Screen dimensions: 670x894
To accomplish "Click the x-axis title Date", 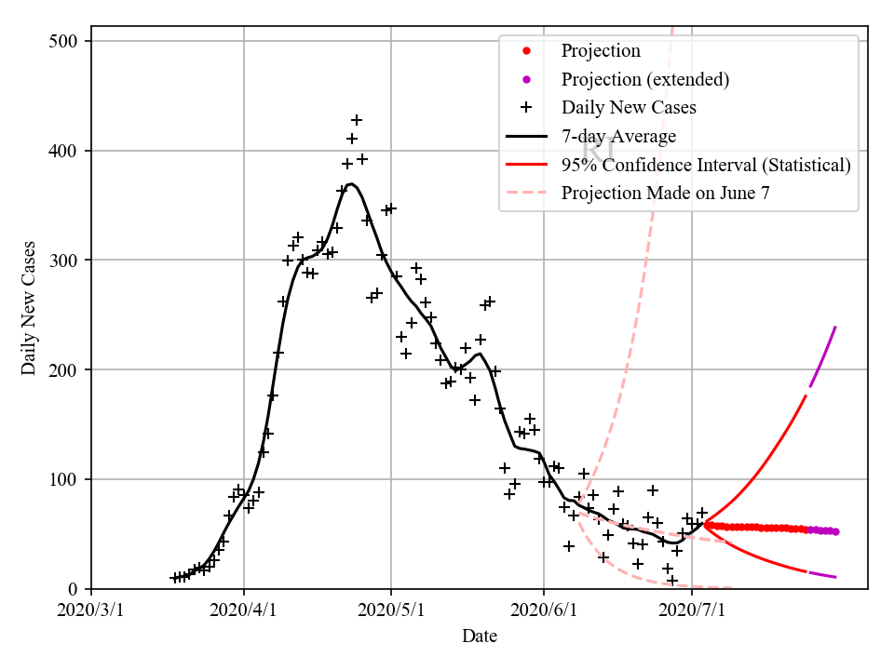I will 480,636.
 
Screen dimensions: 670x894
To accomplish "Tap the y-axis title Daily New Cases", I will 29,308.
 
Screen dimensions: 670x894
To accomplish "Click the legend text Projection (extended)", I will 644,79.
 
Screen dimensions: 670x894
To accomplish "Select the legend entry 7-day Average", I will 618,136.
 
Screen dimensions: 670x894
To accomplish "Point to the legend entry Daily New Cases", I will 629,107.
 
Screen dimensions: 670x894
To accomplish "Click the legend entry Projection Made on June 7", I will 665,194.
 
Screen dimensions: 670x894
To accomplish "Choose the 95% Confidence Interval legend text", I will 706,165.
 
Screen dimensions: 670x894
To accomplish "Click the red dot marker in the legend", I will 526,50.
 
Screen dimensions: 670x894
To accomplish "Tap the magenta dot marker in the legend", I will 526,79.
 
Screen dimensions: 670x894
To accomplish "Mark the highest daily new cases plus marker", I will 356,120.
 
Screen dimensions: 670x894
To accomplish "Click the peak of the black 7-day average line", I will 350,184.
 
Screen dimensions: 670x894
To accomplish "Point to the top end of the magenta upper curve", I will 835,327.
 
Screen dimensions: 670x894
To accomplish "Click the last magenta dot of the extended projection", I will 835,531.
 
